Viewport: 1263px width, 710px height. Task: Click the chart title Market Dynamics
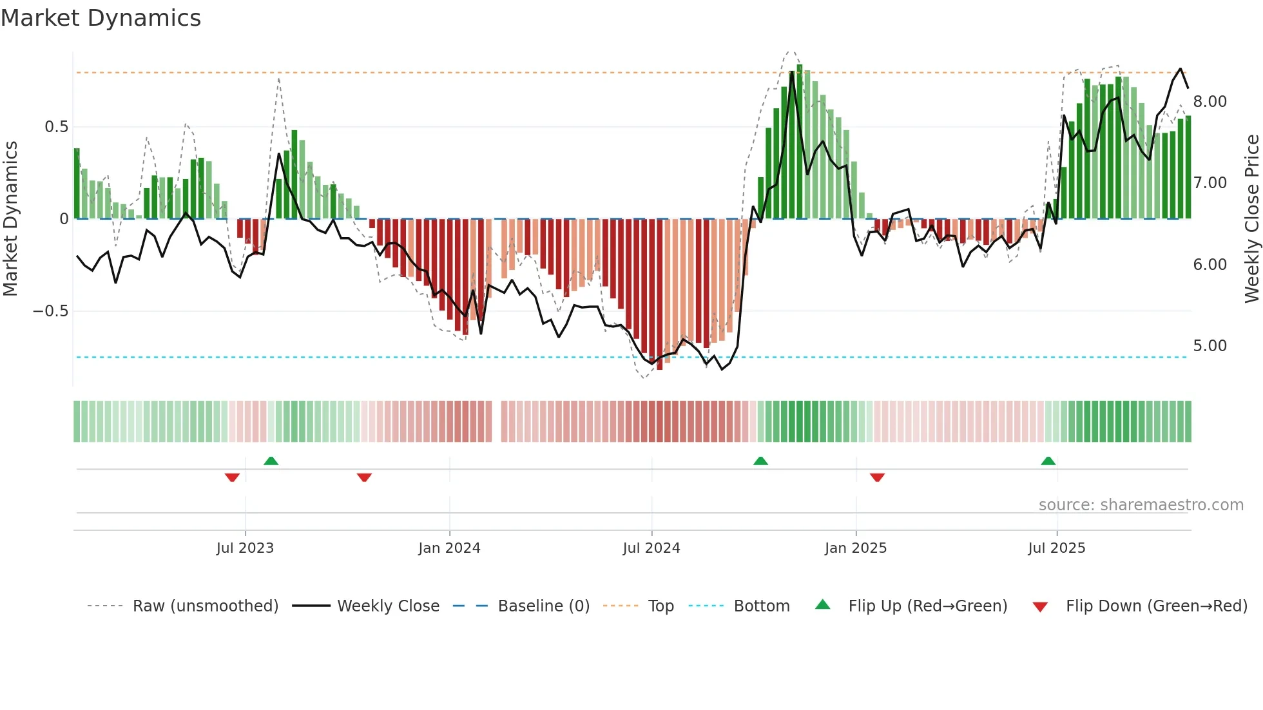click(x=101, y=18)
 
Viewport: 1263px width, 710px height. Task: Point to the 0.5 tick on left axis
click(x=56, y=127)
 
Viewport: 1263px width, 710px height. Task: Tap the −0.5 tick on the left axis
click(x=50, y=311)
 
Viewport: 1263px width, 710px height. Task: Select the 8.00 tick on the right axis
click(x=1210, y=102)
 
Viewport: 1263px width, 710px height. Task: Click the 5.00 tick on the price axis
click(x=1210, y=346)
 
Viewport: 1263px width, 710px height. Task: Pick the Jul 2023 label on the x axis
click(x=245, y=548)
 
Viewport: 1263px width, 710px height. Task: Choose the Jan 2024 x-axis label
click(x=449, y=548)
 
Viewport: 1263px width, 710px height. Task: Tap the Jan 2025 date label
click(x=855, y=548)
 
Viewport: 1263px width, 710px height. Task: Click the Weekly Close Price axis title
click(x=1251, y=218)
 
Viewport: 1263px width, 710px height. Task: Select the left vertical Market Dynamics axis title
click(x=10, y=218)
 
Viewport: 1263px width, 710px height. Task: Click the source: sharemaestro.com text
click(x=1141, y=505)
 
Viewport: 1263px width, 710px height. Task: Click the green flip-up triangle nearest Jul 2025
click(x=1048, y=461)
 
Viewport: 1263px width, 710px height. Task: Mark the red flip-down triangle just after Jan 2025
click(x=877, y=477)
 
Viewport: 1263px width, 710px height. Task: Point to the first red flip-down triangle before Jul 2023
click(x=232, y=477)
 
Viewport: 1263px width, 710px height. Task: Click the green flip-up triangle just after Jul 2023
click(x=271, y=461)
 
